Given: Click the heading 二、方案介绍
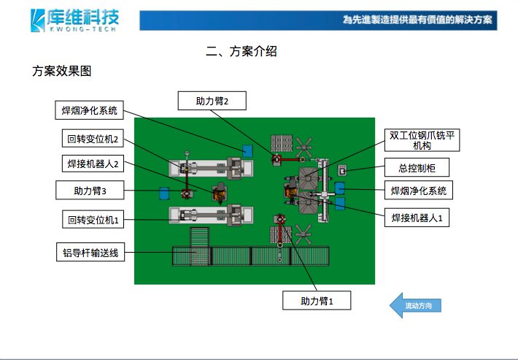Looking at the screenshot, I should [241, 51].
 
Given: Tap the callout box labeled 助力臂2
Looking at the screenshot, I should [212, 102].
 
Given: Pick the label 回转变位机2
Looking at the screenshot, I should [92, 139].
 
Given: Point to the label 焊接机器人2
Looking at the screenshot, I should [92, 163].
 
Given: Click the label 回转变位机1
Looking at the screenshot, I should [92, 219].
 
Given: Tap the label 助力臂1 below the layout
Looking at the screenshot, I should [317, 300].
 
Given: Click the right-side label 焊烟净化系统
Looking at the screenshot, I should [418, 191].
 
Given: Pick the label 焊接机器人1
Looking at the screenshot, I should [417, 217].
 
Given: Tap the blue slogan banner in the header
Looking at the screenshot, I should [318, 20].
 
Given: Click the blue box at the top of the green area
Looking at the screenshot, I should [248, 150].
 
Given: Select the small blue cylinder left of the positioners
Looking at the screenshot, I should [164, 194].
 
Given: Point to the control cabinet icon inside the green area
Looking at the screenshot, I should [341, 171].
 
